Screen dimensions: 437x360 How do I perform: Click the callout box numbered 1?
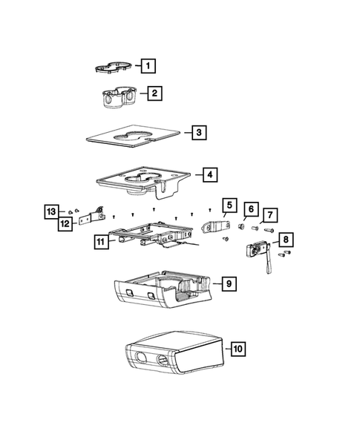(x=148, y=65)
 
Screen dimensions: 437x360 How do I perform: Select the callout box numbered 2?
(x=154, y=93)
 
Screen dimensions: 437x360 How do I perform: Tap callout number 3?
(x=198, y=133)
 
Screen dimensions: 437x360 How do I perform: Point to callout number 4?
(x=209, y=175)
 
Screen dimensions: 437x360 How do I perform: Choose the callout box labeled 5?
(x=228, y=205)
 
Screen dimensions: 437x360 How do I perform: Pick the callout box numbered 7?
(x=269, y=215)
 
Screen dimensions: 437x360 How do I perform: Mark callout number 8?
(x=286, y=240)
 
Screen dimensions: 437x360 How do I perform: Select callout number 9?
(x=229, y=283)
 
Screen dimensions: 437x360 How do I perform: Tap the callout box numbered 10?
(x=238, y=347)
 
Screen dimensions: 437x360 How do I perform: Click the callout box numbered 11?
(x=101, y=241)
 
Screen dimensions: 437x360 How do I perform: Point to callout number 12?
(x=65, y=223)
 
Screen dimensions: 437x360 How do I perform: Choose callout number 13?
(x=50, y=211)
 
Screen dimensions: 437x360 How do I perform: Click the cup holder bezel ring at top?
(x=113, y=68)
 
